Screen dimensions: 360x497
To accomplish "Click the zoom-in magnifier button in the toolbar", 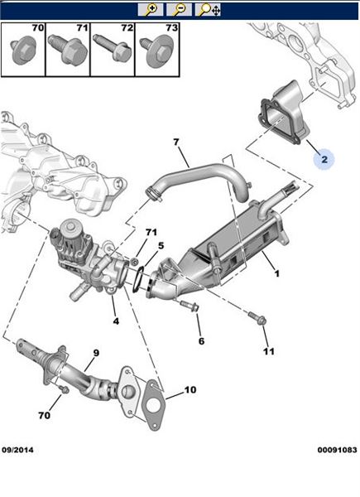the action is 151,10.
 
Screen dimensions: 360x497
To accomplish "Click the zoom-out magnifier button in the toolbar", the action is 179,10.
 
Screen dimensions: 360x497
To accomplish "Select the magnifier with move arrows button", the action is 208,10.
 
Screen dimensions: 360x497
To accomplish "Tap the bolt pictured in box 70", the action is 23,51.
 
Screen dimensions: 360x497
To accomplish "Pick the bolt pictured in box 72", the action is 113,50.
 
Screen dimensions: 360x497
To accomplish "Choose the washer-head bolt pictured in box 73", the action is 157,51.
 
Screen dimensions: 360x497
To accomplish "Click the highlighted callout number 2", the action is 324,159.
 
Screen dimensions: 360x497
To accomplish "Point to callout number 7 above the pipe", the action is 176,142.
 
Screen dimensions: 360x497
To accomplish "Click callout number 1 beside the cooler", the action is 276,273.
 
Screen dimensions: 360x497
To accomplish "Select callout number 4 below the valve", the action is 116,321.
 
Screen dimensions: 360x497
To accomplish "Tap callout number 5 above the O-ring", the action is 161,245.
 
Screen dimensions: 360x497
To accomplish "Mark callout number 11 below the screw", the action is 268,351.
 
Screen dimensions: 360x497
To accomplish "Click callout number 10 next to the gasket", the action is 190,389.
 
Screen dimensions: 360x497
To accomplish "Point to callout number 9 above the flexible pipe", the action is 96,353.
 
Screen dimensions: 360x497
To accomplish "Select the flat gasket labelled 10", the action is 152,404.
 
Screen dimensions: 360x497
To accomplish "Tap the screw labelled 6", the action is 190,306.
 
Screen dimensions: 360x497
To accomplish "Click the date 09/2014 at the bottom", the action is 17,450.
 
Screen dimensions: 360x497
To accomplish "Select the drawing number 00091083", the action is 337,450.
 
